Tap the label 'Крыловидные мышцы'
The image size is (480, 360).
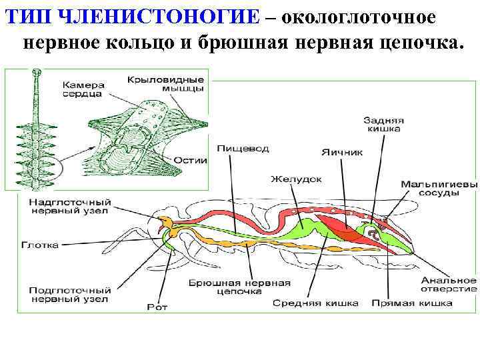coord(165,85)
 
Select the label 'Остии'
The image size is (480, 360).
coord(191,161)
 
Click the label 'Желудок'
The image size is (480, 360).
coord(296,179)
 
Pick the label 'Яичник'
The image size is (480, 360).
coord(341,152)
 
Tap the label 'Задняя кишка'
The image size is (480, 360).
coord(382,125)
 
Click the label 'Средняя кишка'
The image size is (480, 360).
coord(315,303)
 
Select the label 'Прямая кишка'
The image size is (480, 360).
coord(412,303)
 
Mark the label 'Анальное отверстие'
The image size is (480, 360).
coord(448,283)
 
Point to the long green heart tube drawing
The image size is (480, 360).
coord(36,127)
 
